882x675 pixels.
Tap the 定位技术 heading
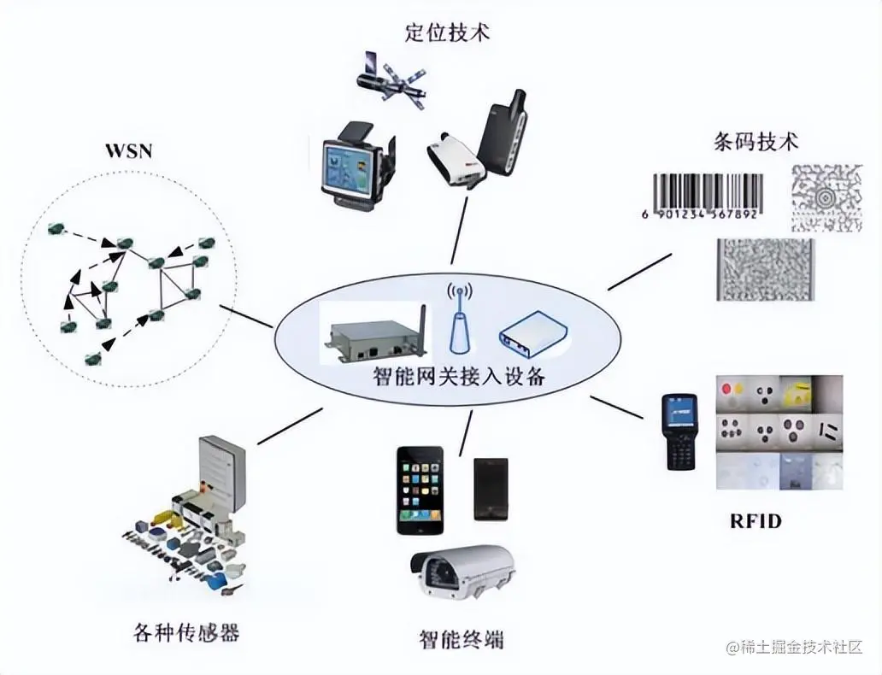pos(447,32)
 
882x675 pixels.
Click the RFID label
pos(755,520)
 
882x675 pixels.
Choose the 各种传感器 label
pos(186,632)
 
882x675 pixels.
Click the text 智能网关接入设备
pos(459,376)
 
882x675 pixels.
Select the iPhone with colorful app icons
pos(419,490)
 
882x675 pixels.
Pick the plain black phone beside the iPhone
pos(491,489)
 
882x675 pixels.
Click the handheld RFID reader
pos(681,431)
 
